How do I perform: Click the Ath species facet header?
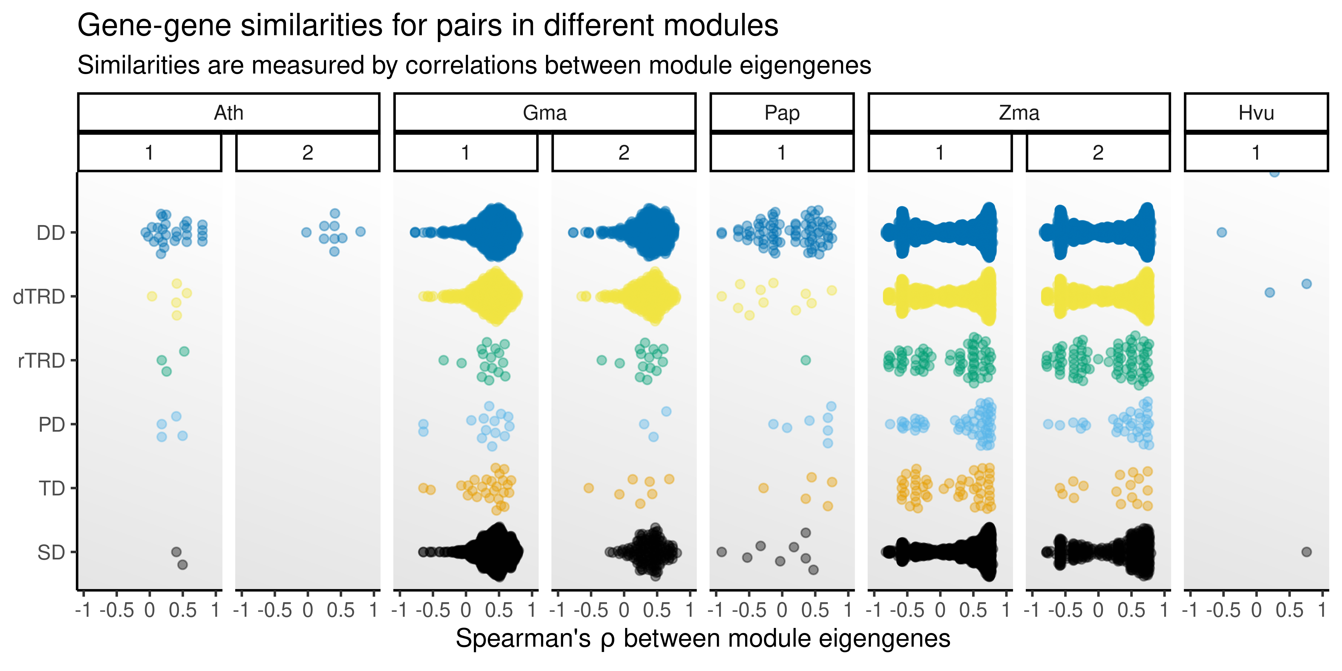coord(229,112)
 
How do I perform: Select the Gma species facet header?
coord(545,112)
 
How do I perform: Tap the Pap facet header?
coord(782,112)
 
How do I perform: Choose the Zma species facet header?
coord(1019,112)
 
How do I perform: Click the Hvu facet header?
coord(1256,112)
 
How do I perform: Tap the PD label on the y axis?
coord(51,425)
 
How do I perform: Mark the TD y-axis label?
coord(52,489)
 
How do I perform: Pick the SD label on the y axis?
coord(51,552)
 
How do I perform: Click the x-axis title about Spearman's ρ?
coord(703,639)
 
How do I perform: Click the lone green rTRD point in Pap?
coord(805,360)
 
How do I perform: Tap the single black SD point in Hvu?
coord(1306,552)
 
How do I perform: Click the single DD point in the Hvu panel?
coord(1222,232)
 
